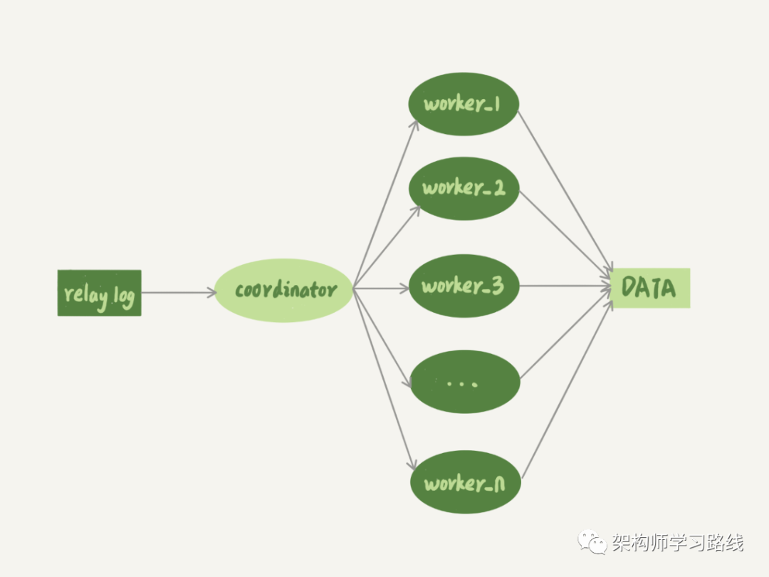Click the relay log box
100,293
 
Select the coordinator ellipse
284,291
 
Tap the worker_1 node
464,104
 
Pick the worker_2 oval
464,188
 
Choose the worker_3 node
464,286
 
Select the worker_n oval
466,484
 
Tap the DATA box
650,288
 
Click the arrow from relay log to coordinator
178,292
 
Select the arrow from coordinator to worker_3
381,288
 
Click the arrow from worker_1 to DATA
566,192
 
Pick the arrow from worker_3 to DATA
566,287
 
